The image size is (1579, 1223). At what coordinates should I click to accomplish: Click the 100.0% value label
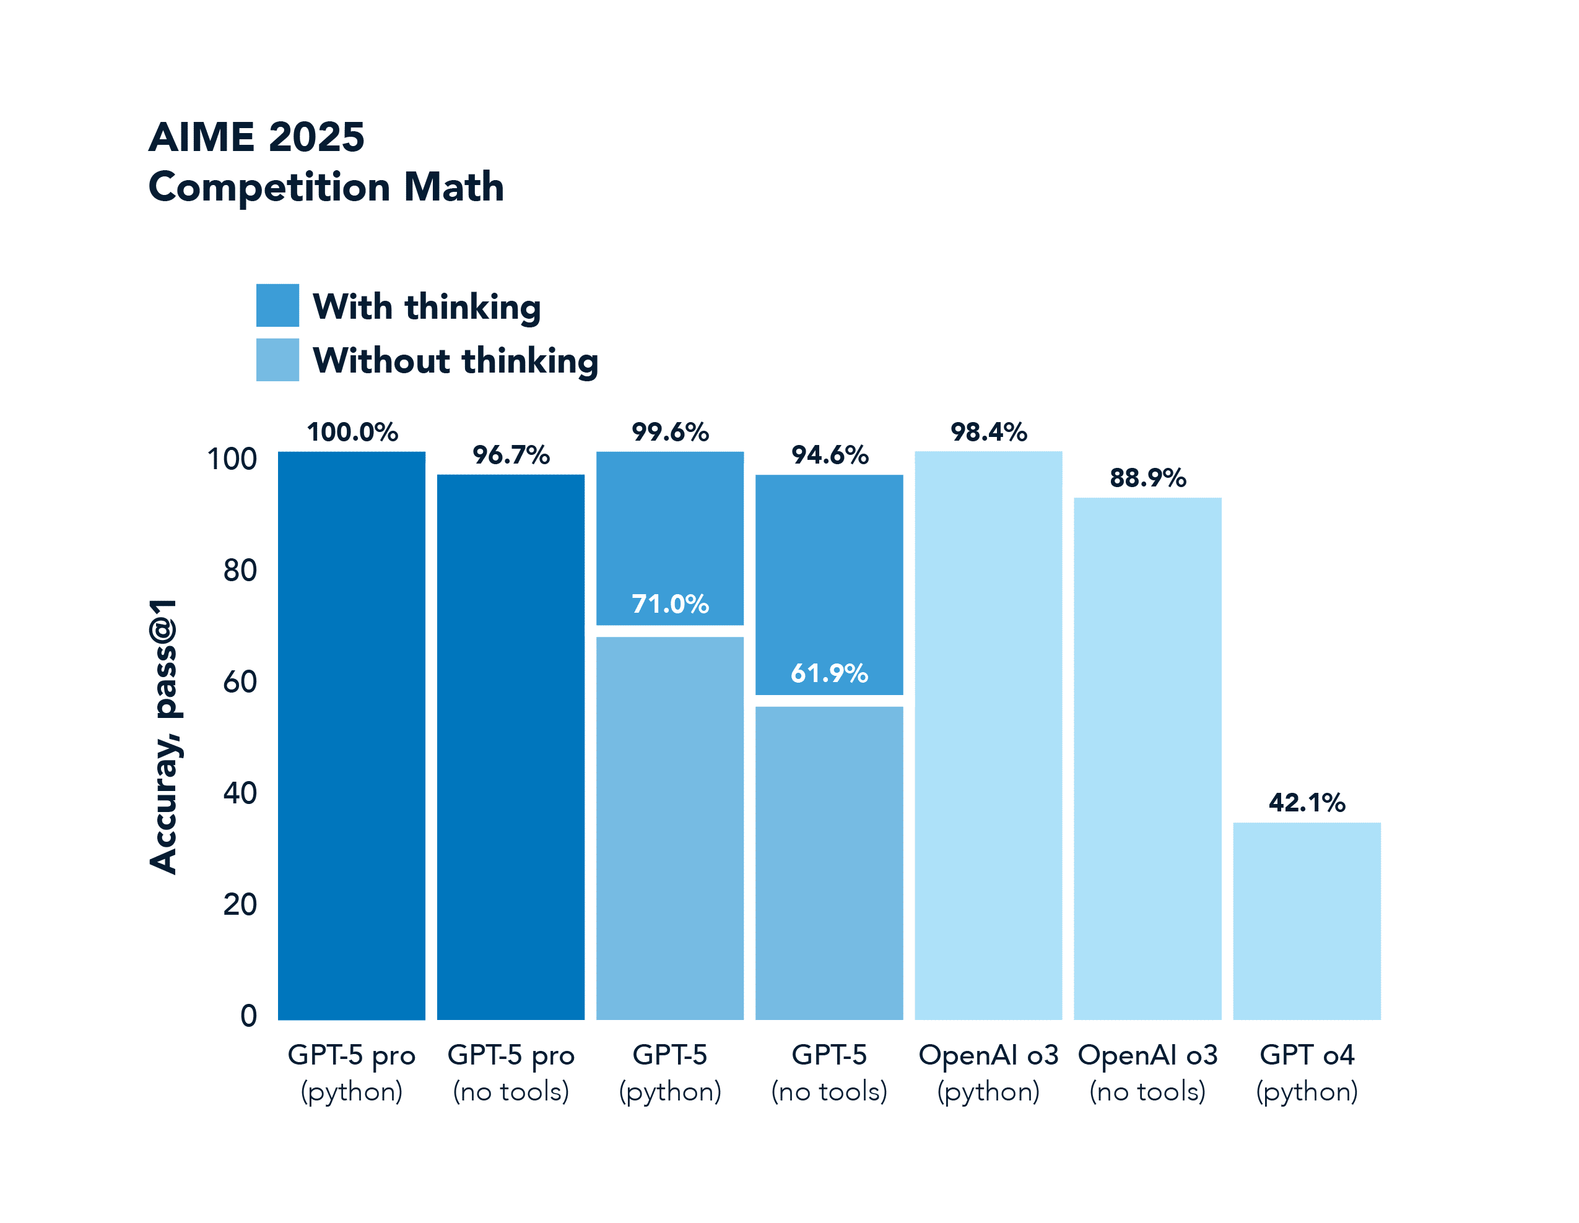[x=352, y=432]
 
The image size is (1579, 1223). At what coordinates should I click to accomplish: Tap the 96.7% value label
[x=511, y=456]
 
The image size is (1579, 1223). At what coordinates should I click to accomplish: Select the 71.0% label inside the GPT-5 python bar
[x=670, y=603]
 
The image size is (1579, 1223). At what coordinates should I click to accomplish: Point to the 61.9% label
[x=829, y=673]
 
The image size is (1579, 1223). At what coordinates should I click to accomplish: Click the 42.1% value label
[x=1307, y=802]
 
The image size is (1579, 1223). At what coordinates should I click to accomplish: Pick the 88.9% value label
[x=1147, y=478]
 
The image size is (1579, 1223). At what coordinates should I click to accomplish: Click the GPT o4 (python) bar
[x=1307, y=921]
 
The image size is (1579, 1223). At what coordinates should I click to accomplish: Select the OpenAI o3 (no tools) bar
[x=1147, y=759]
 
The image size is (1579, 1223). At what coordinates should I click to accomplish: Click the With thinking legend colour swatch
[x=277, y=306]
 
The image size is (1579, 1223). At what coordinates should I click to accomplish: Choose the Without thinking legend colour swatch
[x=277, y=360]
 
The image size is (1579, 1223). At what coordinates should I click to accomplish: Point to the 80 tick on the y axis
[x=240, y=571]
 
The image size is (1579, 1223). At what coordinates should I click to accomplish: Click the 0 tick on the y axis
[x=249, y=1016]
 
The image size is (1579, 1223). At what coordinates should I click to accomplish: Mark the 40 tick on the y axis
[x=240, y=793]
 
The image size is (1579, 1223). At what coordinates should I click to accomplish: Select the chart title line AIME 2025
[x=256, y=137]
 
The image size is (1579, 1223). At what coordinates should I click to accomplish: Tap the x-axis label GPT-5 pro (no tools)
[x=511, y=1073]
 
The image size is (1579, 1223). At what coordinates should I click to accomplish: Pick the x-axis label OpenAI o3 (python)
[x=988, y=1073]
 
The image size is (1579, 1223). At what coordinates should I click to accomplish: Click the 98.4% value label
[x=988, y=432]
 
